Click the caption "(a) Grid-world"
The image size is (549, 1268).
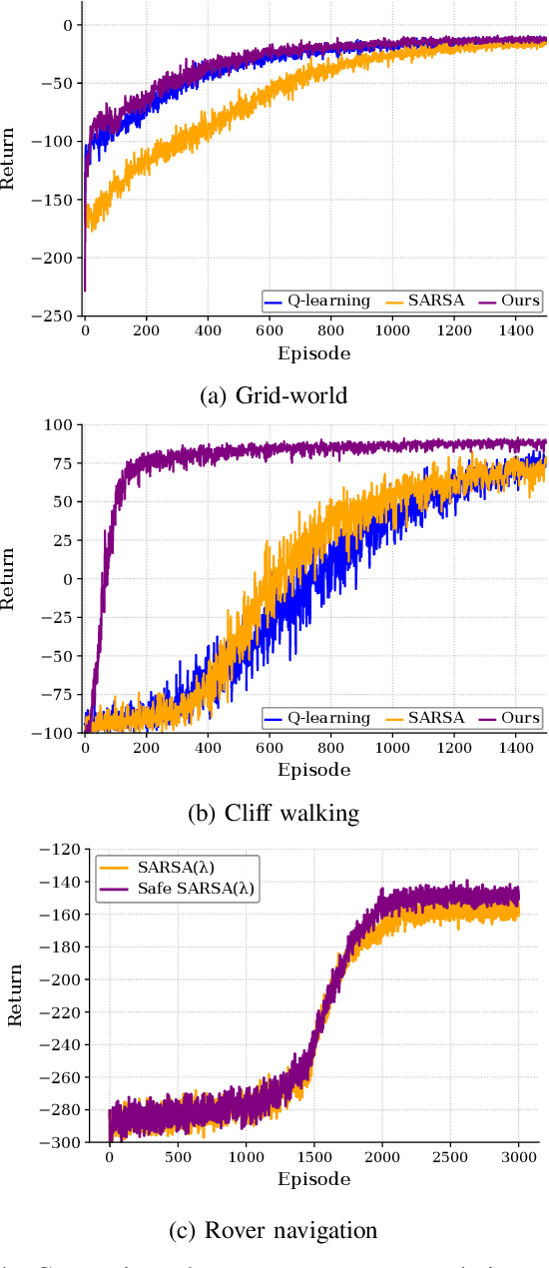[274, 395]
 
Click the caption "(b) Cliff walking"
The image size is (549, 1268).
[274, 813]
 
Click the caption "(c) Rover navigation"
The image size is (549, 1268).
[274, 1230]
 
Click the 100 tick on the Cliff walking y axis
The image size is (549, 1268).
[58, 425]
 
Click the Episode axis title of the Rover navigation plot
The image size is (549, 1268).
[314, 1180]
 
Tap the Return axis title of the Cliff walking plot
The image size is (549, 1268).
[11, 579]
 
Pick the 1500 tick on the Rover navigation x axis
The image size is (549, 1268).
[314, 1160]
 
